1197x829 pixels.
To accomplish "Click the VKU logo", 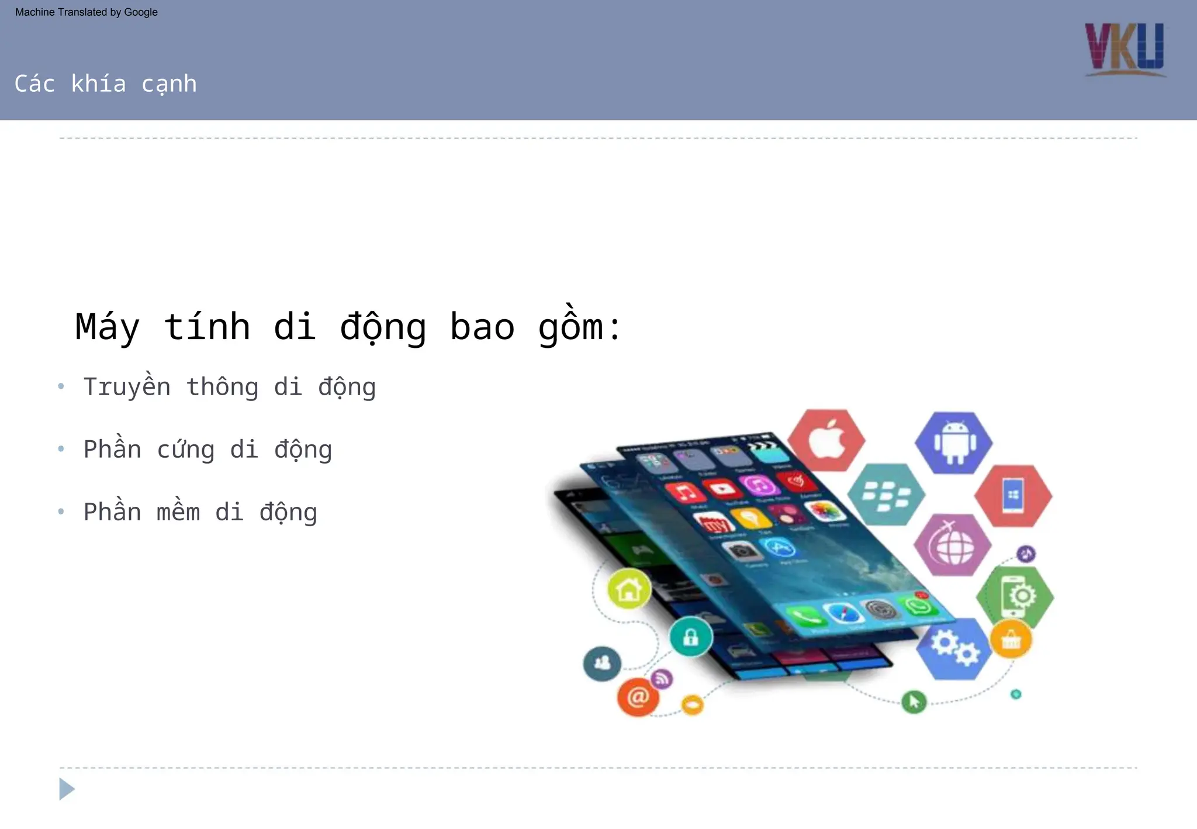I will tap(1125, 50).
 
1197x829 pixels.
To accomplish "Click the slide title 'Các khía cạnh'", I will tap(106, 84).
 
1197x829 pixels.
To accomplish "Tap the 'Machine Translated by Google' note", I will tap(87, 12).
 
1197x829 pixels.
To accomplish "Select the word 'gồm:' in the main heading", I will tap(579, 327).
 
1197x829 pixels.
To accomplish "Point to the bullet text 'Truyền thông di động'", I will tap(230, 387).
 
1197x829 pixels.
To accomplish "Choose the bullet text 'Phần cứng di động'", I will tap(207, 450).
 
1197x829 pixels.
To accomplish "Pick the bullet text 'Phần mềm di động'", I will tap(200, 512).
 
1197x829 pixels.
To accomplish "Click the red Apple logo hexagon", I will tap(826, 440).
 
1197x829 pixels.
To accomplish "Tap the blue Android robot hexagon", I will tap(954, 443).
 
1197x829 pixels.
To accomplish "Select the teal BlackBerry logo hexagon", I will tap(886, 495).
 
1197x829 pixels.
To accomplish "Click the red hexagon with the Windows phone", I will tap(1013, 496).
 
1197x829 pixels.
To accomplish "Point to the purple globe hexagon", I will tap(953, 545).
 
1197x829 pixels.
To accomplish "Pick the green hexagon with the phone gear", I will tap(1015, 596).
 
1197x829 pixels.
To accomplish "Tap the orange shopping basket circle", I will tap(1011, 640).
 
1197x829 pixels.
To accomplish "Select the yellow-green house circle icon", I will tap(629, 589).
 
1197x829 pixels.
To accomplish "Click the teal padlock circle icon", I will tap(691, 637).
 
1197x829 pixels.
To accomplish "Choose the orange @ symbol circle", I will tap(638, 697).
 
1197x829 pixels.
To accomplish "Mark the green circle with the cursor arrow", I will tap(914, 701).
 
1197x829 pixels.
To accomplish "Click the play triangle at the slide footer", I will tap(67, 789).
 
